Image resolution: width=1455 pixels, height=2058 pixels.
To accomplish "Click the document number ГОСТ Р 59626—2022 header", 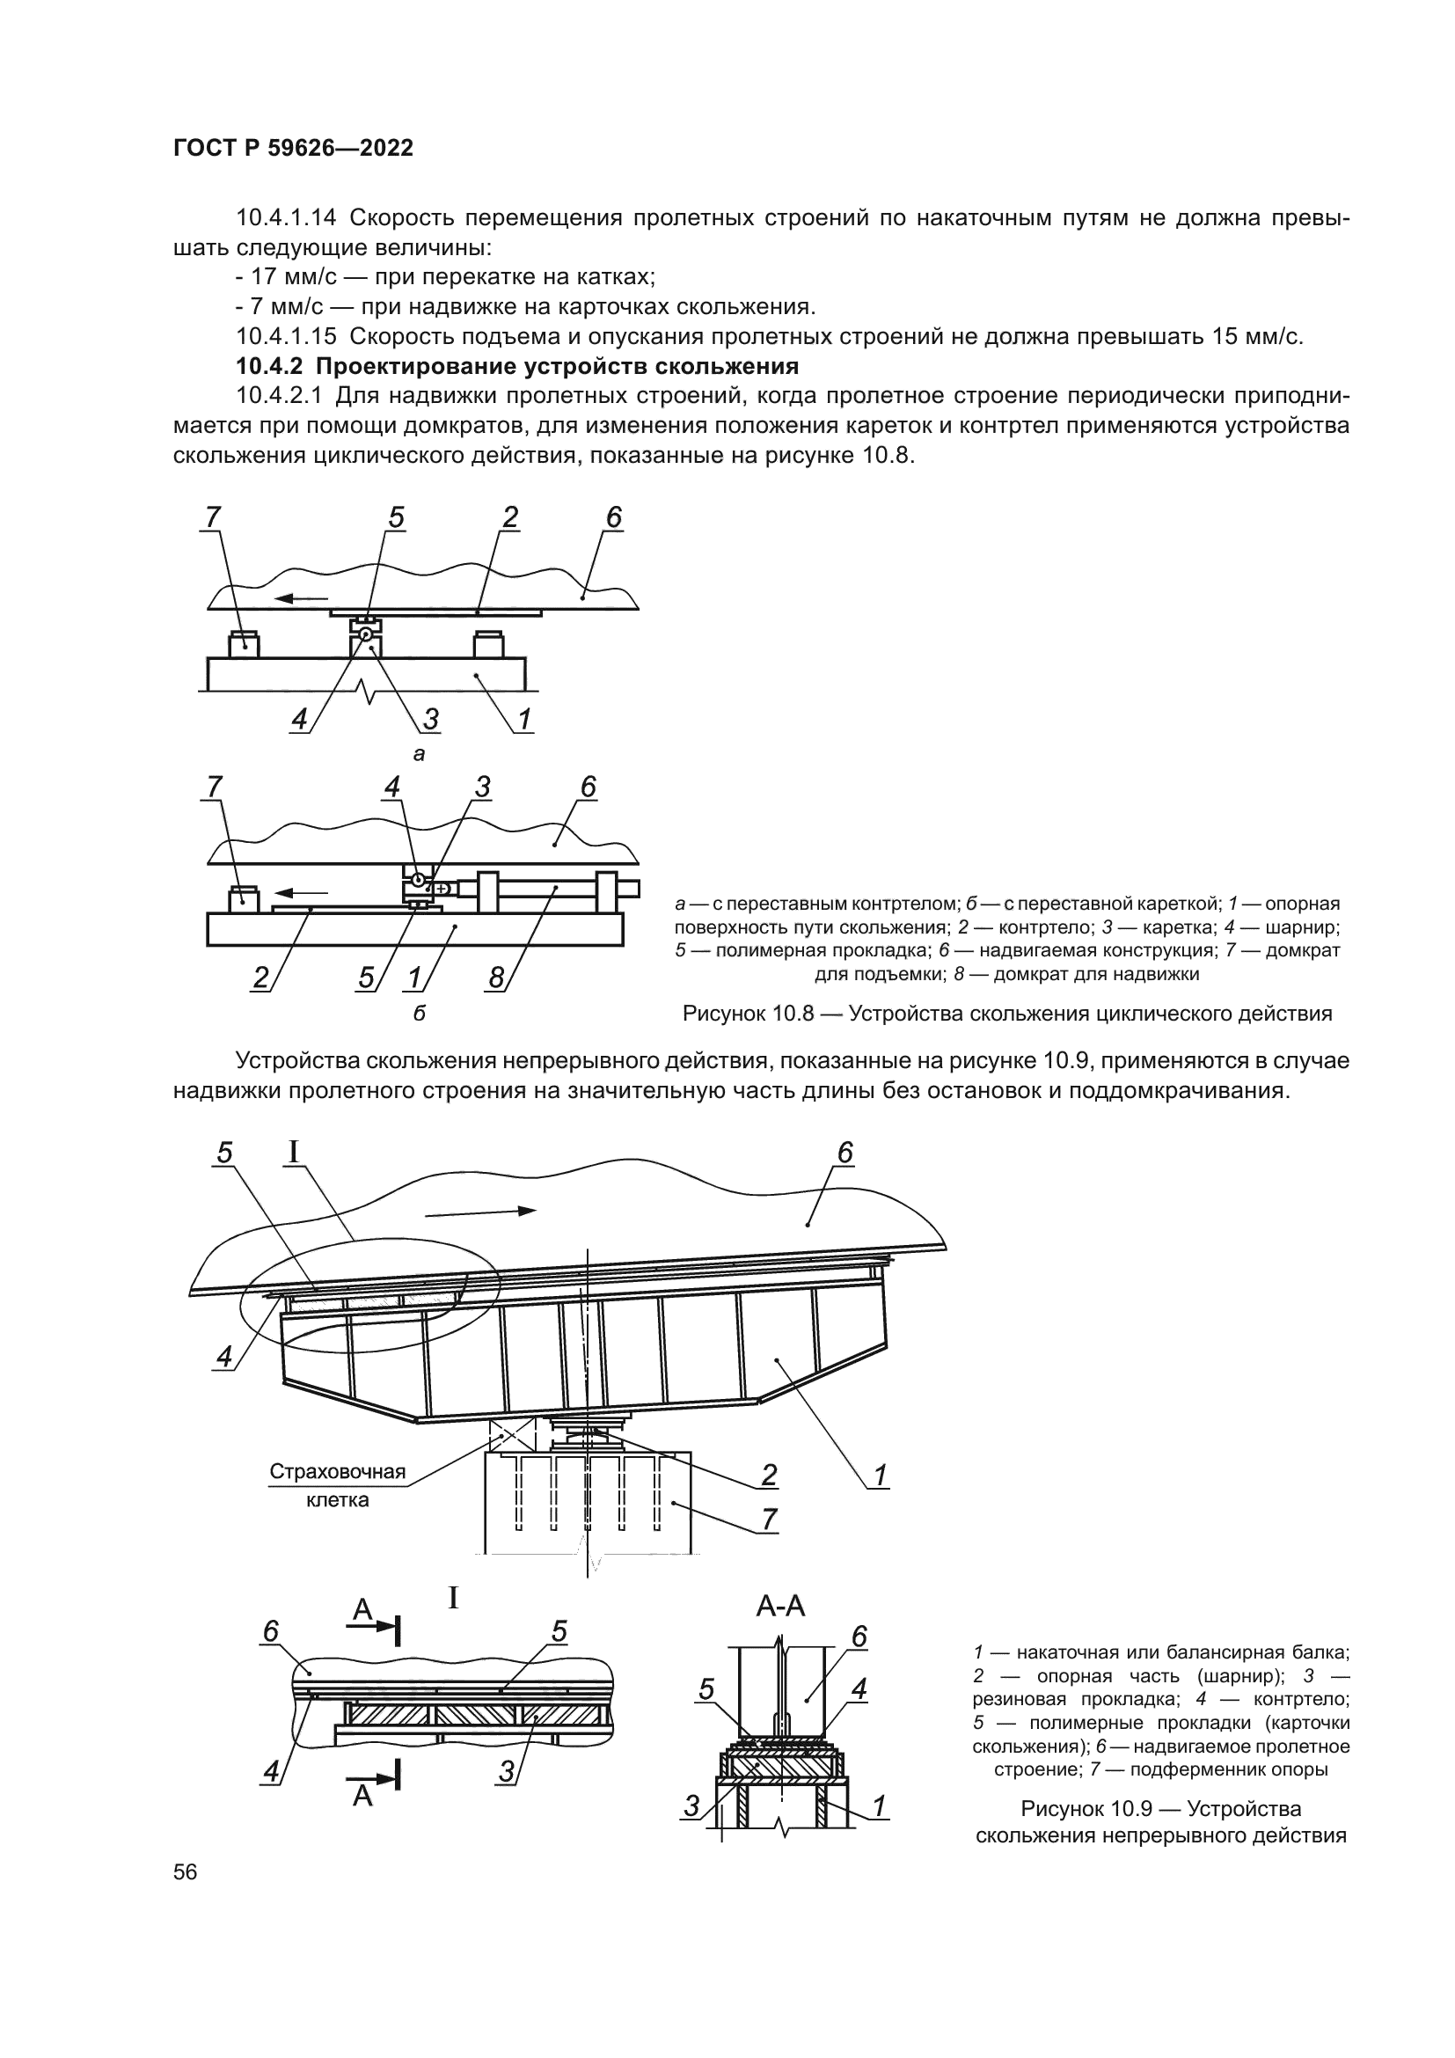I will (x=293, y=149).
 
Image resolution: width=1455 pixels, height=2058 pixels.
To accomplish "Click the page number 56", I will (x=186, y=1871).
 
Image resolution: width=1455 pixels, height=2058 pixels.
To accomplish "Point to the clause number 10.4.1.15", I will (x=286, y=337).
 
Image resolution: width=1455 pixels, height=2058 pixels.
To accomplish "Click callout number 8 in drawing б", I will (x=496, y=977).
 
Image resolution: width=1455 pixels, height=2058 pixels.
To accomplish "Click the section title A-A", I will (x=780, y=1608).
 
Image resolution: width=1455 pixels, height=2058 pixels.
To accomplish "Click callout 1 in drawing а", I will (x=525, y=719).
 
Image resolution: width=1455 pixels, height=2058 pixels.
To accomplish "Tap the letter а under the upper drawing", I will (x=419, y=755).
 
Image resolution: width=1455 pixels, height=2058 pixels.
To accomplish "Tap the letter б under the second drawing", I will (x=419, y=1014).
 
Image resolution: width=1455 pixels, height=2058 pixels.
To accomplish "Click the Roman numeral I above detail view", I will (x=453, y=1597).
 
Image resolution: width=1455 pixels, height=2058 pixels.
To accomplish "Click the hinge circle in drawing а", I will (x=367, y=635).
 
